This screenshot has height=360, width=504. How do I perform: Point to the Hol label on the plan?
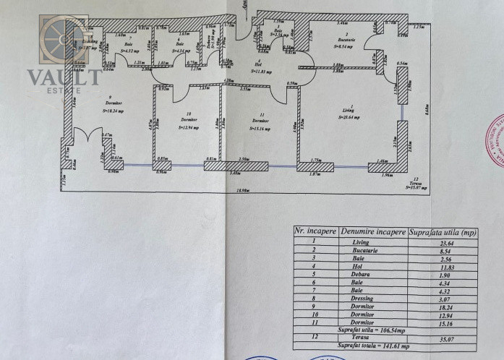point(255,65)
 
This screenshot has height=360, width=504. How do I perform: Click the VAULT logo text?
point(63,77)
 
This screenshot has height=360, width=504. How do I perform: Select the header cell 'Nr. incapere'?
point(315,231)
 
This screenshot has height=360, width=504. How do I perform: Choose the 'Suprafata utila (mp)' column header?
point(443,231)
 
